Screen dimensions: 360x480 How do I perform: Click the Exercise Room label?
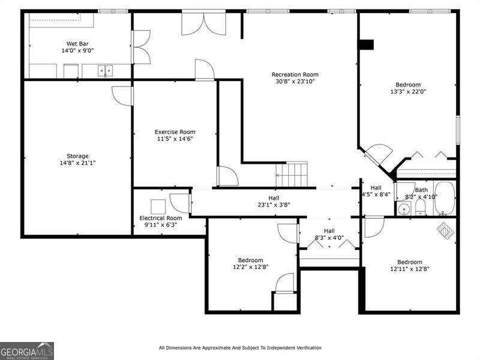click(x=175, y=132)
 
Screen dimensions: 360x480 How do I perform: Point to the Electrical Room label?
click(x=160, y=218)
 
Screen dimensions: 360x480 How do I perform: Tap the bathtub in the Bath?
click(x=445, y=198)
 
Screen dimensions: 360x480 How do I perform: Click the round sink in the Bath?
click(x=404, y=209)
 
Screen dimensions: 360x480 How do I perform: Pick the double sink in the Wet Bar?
click(x=106, y=71)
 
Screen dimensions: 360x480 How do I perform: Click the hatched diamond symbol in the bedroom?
click(x=445, y=230)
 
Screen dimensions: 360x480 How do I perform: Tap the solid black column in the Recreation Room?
click(x=365, y=44)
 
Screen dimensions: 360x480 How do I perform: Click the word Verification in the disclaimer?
click(x=305, y=348)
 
